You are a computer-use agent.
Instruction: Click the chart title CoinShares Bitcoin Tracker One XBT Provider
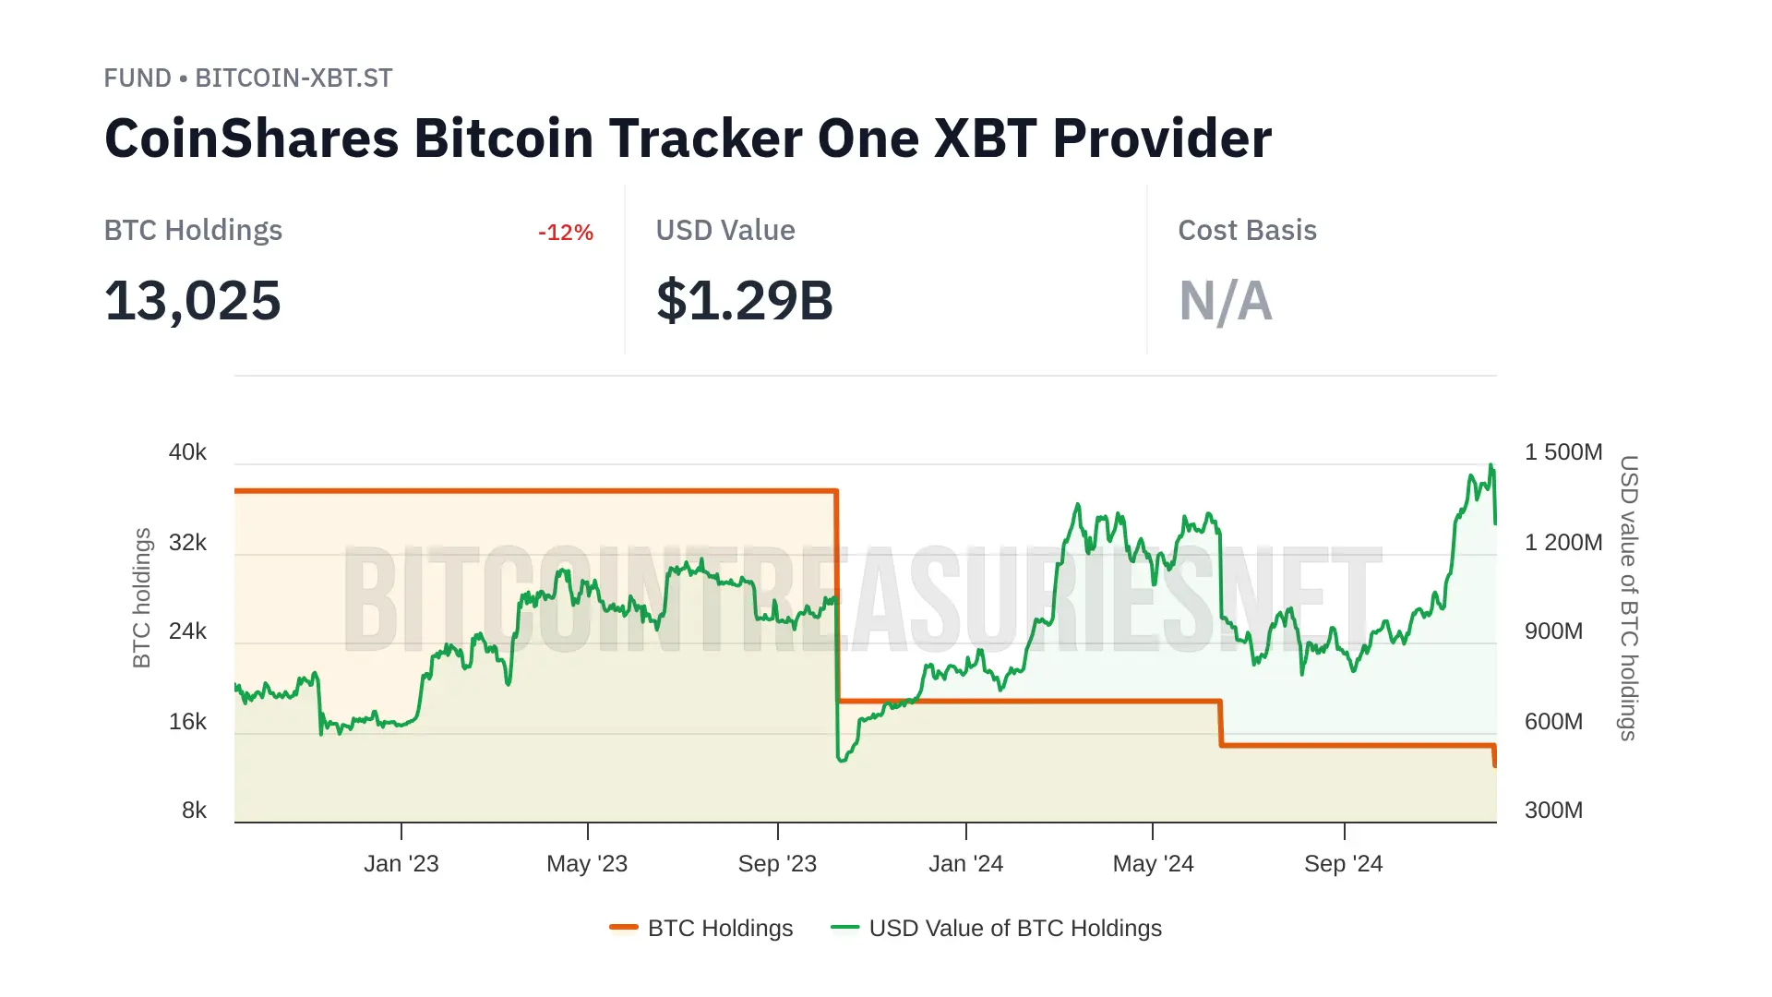tap(688, 138)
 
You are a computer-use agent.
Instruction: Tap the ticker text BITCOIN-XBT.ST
tap(293, 78)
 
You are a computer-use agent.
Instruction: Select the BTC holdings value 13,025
tap(192, 301)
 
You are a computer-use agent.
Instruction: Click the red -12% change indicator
tap(565, 233)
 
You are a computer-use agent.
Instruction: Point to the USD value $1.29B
tap(744, 301)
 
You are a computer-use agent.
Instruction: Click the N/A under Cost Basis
tap(1225, 301)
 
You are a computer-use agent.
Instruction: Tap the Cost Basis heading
tap(1247, 231)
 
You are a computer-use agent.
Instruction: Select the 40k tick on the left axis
tap(187, 452)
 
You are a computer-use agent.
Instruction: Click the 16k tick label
tap(187, 722)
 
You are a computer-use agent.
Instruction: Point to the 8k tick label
tap(194, 811)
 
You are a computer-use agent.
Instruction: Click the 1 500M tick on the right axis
tap(1562, 452)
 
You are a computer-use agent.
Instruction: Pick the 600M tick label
tap(1553, 722)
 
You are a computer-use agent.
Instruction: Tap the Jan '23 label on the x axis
tap(401, 864)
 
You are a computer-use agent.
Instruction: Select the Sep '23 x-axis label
tap(777, 864)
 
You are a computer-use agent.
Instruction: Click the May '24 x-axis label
tap(1153, 864)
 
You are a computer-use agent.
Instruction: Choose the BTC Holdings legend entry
tap(702, 928)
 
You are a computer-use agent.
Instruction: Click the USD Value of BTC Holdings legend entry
tap(997, 928)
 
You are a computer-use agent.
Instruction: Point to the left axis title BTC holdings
tap(141, 597)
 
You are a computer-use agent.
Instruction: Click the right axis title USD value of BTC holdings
tap(1629, 597)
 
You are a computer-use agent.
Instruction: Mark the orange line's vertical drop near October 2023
tap(837, 595)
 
